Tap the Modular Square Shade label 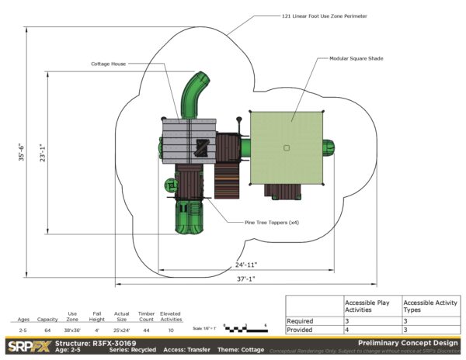click(356, 58)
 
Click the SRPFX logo click(28, 345)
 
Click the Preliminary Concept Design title click(407, 342)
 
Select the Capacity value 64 click(48, 331)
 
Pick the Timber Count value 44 click(146, 331)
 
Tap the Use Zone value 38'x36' click(72, 331)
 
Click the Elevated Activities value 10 click(171, 331)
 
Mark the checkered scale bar click(245, 329)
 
